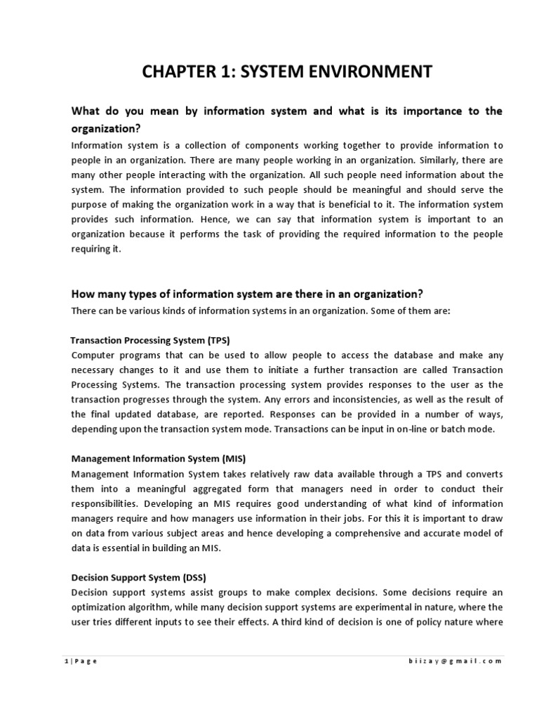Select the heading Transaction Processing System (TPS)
151,340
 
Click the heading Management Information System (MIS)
159,459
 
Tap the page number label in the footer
77,662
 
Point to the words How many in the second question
99,294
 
